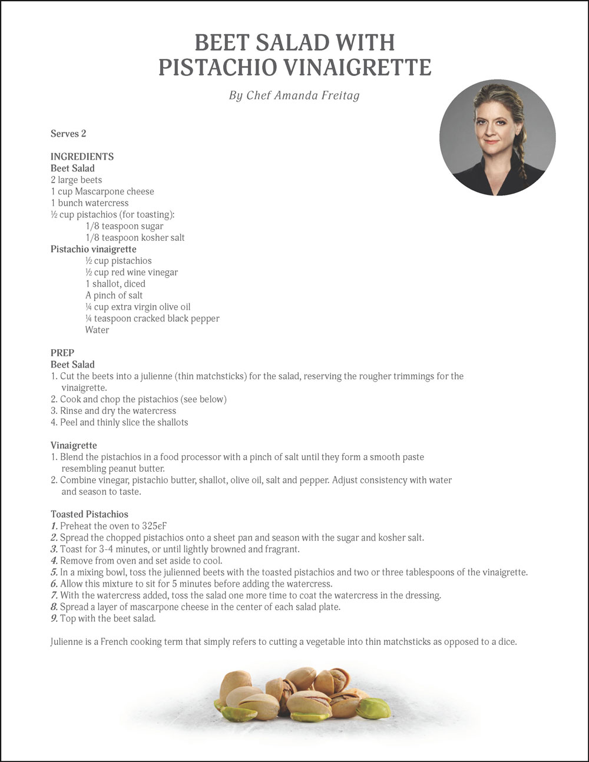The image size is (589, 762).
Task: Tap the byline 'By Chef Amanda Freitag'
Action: point(294,95)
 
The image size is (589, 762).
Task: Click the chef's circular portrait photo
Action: point(497,137)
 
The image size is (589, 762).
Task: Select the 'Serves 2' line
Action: point(68,134)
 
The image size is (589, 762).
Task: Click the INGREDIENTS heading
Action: point(82,157)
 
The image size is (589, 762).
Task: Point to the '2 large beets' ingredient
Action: point(76,180)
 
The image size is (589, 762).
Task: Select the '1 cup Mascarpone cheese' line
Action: point(102,191)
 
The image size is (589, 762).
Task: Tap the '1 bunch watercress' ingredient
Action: point(89,203)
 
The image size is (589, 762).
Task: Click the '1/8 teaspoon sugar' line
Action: point(124,226)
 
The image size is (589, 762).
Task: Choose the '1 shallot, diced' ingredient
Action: point(115,284)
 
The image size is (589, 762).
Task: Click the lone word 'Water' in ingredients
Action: point(97,330)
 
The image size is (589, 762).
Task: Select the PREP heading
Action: point(62,353)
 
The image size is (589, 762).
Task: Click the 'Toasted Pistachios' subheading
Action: point(89,514)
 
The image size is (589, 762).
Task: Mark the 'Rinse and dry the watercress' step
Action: point(118,411)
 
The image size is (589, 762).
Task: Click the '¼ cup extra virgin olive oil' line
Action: point(138,307)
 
